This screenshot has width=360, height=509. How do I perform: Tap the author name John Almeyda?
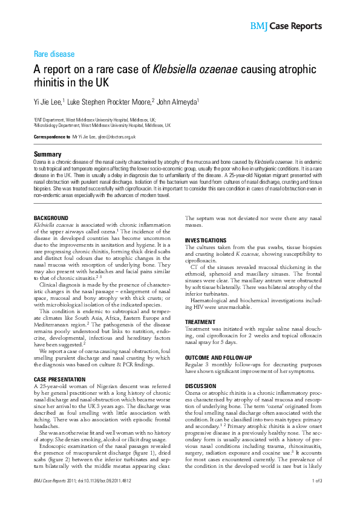[179, 102]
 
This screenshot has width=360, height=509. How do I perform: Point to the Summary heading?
[47, 155]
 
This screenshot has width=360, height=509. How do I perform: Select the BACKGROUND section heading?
[51, 218]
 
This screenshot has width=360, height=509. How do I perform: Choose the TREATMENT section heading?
[200, 322]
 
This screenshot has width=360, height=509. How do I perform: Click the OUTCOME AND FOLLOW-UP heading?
[220, 357]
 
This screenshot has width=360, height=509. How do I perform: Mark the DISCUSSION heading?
[200, 385]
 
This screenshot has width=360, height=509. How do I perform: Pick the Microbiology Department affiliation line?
[102, 126]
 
